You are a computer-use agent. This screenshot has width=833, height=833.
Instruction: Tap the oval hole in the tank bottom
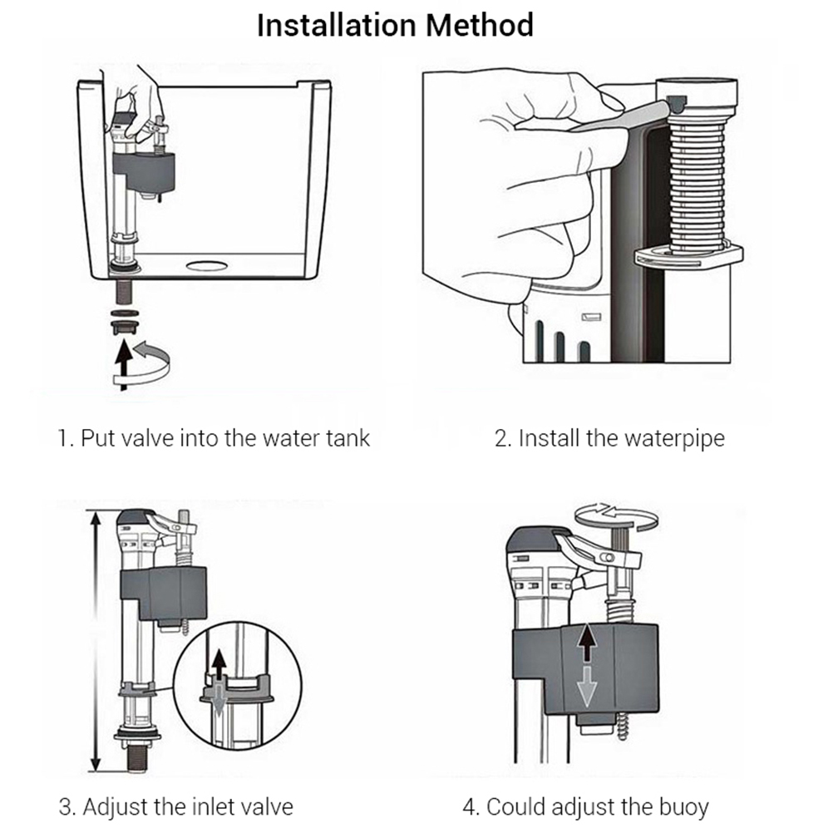pyautogui.click(x=207, y=267)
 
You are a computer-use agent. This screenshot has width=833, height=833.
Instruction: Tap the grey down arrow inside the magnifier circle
pyautogui.click(x=219, y=700)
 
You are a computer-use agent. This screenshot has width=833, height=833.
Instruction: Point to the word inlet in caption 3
pyautogui.click(x=206, y=806)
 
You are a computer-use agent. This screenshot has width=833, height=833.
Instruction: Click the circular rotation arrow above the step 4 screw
pyautogui.click(x=616, y=516)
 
